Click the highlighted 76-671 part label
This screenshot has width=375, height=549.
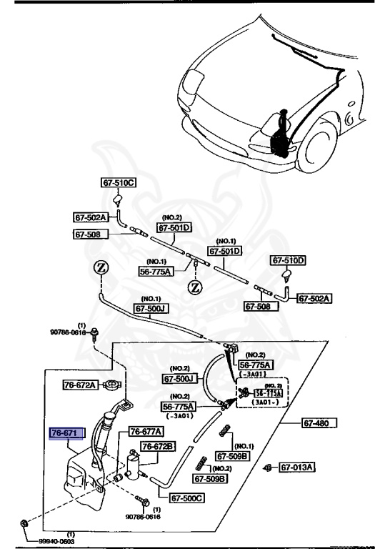point(66,433)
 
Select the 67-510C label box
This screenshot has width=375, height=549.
point(117,183)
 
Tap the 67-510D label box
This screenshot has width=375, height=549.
point(288,260)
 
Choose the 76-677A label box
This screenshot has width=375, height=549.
point(146,432)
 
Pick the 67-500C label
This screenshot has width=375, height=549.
point(186,498)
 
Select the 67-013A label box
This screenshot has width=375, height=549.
point(297,468)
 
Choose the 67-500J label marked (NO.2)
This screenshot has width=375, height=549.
point(179,378)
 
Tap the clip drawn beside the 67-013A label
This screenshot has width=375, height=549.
point(267,468)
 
